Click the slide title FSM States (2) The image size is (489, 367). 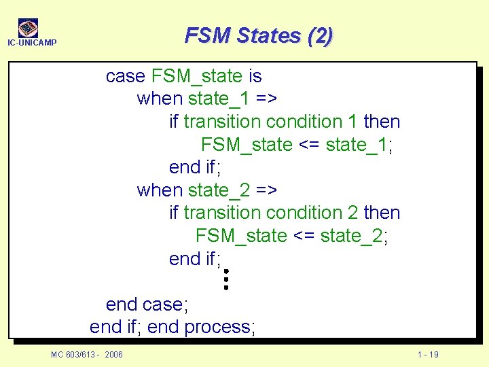(259, 35)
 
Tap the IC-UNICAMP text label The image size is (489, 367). (31, 43)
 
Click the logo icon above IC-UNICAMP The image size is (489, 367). (28, 28)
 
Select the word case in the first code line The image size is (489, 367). (126, 76)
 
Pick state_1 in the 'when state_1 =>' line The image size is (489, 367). (219, 99)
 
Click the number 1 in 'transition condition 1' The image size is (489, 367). (352, 122)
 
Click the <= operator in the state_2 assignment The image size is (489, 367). (304, 236)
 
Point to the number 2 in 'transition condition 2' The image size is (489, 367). (352, 213)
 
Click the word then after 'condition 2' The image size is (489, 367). (382, 213)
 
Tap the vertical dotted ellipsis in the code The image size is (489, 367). (226, 279)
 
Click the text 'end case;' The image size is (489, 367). (147, 304)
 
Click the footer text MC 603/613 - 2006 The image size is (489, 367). (87, 355)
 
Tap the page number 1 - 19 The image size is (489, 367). (428, 355)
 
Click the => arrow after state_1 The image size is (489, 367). (267, 99)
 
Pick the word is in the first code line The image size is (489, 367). (254, 76)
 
